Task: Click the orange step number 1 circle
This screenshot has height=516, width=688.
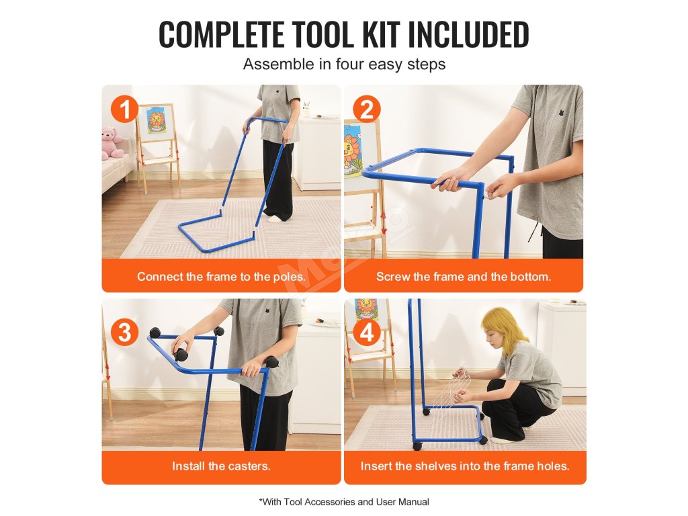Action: coord(124,110)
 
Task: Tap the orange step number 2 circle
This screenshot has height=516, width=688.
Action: coord(367,110)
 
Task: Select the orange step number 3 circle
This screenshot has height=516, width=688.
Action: coord(124,332)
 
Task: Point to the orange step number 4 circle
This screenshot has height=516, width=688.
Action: coord(367,332)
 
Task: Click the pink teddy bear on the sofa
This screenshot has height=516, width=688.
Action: coord(112,142)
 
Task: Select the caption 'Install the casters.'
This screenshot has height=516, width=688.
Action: coord(221,466)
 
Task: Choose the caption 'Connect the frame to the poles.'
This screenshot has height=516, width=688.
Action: coord(221,276)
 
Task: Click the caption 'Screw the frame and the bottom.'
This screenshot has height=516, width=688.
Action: coord(464,276)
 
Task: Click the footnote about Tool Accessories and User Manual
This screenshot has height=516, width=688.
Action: coord(344,501)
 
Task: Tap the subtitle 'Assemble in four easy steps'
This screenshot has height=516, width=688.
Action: coord(344,64)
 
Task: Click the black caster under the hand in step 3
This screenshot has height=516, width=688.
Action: coord(181,353)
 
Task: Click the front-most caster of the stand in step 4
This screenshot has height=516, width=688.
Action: coord(417,446)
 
